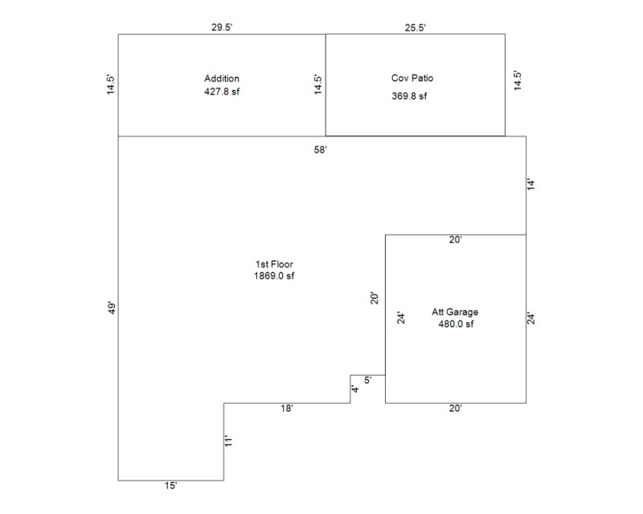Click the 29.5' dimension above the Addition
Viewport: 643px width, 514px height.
click(x=222, y=27)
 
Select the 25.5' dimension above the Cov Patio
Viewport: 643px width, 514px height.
click(x=415, y=27)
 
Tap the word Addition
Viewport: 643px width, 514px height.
click(x=222, y=79)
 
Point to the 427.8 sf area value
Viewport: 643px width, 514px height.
click(x=222, y=92)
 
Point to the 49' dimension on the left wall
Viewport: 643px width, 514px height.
click(x=112, y=308)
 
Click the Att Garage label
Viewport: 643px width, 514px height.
click(x=455, y=312)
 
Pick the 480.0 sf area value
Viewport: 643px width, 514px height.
click(x=455, y=324)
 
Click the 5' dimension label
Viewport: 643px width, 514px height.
click(x=367, y=381)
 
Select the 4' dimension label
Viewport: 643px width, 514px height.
click(x=355, y=390)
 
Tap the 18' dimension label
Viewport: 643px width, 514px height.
click(x=286, y=409)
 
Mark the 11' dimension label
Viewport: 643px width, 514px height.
click(x=229, y=441)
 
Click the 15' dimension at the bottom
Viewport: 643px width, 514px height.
click(x=170, y=486)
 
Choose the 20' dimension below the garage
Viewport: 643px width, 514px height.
click(x=456, y=409)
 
